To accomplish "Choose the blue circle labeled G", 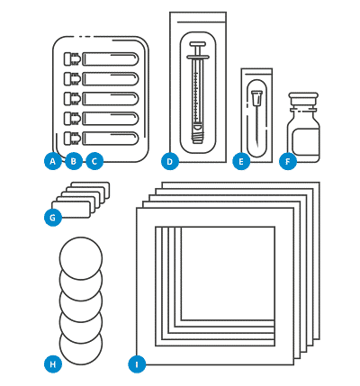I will [x=54, y=217].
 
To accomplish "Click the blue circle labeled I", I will [x=136, y=364].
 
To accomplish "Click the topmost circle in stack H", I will [x=81, y=256].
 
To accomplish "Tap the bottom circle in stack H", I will [x=81, y=346].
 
